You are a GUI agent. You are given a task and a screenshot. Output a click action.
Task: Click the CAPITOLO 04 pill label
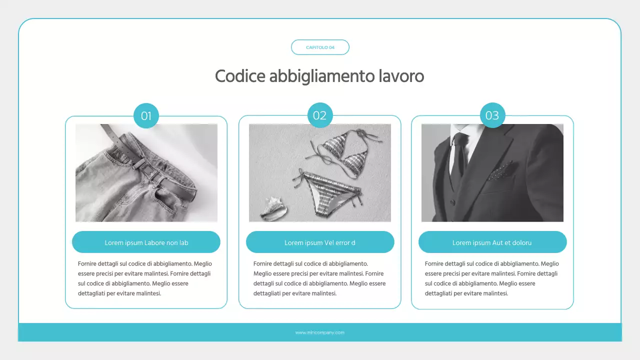(320, 47)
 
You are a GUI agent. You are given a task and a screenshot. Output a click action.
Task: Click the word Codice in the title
(240, 76)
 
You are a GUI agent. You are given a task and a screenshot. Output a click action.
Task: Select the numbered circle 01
(146, 116)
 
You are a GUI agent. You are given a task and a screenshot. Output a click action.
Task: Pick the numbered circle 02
(319, 115)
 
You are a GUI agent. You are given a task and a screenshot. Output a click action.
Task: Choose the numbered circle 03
(492, 115)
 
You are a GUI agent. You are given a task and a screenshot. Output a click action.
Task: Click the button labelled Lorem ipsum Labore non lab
(146, 242)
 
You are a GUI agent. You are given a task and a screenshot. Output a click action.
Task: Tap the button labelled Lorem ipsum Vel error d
(320, 242)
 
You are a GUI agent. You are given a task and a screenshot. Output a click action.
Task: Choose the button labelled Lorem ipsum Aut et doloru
(492, 242)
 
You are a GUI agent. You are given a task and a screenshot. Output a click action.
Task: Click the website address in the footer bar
(320, 332)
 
